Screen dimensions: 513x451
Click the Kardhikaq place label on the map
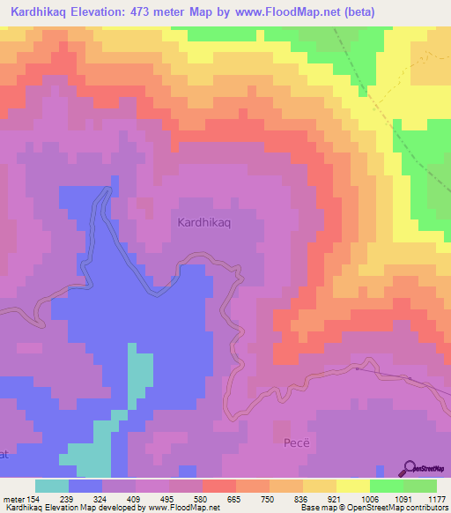point(204,223)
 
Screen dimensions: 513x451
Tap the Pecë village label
point(297,441)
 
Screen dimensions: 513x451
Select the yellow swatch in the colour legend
point(352,486)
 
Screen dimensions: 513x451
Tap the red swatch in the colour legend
point(218,486)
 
